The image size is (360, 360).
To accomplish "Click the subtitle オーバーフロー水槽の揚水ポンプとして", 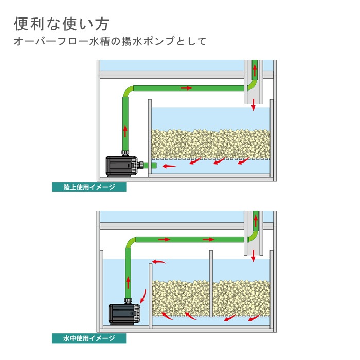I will click(x=110, y=42).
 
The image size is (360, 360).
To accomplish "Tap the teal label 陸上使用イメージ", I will click(x=89, y=187).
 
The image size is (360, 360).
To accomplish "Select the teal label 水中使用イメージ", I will click(x=89, y=338).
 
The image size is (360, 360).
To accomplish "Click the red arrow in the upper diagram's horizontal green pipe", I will click(x=186, y=88).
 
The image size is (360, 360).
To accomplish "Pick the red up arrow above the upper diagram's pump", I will click(x=125, y=129).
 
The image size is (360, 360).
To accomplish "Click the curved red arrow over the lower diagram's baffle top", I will click(x=159, y=263).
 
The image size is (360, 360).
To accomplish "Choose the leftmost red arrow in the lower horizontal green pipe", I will click(x=164, y=239).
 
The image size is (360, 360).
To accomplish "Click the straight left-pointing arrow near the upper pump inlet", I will click(x=170, y=166).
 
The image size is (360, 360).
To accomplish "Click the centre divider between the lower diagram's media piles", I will click(x=210, y=288).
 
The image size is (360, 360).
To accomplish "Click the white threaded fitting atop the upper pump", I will click(x=125, y=152).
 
